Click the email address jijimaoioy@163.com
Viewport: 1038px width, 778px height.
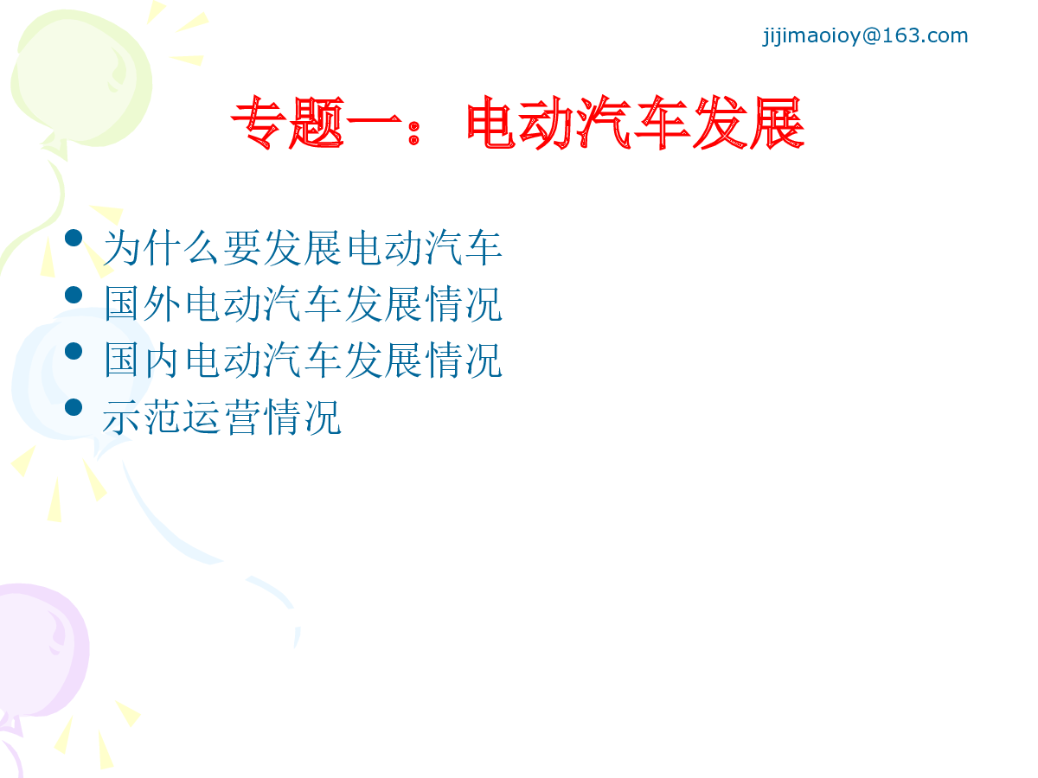click(x=865, y=36)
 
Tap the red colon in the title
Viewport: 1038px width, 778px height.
click(x=413, y=133)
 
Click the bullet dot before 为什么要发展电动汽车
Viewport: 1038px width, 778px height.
click(x=74, y=238)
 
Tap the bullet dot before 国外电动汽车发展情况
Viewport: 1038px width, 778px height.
click(x=74, y=295)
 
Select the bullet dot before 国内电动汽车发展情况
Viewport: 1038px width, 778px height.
click(x=74, y=351)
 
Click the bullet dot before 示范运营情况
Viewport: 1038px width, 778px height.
click(x=74, y=407)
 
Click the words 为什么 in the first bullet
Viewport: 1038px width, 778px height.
click(x=161, y=247)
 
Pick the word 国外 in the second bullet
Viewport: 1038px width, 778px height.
click(x=143, y=303)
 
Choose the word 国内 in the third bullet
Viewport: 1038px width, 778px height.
click(x=143, y=360)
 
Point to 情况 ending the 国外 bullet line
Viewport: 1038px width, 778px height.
click(x=464, y=303)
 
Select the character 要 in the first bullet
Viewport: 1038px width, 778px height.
click(x=241, y=247)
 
